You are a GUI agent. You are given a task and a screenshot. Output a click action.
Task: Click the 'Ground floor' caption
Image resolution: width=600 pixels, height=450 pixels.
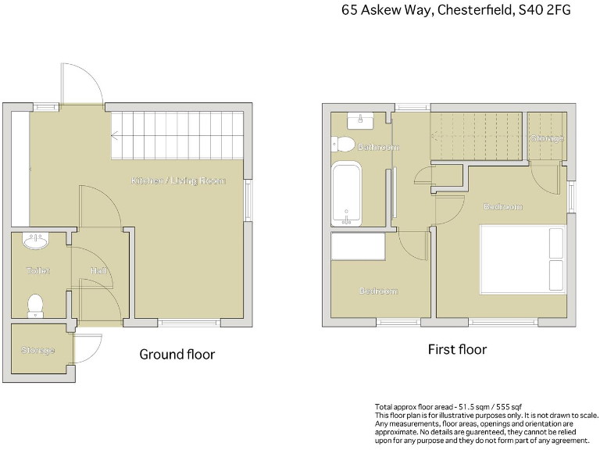coord(177,354)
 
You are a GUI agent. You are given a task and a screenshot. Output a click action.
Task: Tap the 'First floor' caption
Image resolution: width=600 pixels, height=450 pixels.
coord(457,349)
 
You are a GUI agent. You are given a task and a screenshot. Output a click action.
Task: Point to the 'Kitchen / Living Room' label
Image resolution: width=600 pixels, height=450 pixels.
coord(178,180)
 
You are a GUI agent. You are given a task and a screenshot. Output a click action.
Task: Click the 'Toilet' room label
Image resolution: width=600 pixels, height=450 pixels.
coord(37,270)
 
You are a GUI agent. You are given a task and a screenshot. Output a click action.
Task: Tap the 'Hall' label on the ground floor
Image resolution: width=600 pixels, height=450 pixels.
coord(98,270)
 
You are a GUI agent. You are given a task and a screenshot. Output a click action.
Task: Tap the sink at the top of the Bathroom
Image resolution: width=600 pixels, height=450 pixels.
coord(360,120)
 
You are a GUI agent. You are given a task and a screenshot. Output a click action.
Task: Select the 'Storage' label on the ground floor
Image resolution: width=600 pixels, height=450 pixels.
coord(37,350)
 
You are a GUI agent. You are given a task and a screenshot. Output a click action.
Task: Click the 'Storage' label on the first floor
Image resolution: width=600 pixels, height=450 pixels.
coord(547,138)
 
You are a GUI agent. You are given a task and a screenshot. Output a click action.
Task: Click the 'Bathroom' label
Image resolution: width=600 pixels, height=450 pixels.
coord(378,147)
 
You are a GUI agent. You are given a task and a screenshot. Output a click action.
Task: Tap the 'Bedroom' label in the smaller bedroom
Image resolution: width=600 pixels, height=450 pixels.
coord(378,291)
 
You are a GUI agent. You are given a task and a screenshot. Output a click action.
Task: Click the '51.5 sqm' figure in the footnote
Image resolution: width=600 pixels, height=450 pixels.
coord(466,408)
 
